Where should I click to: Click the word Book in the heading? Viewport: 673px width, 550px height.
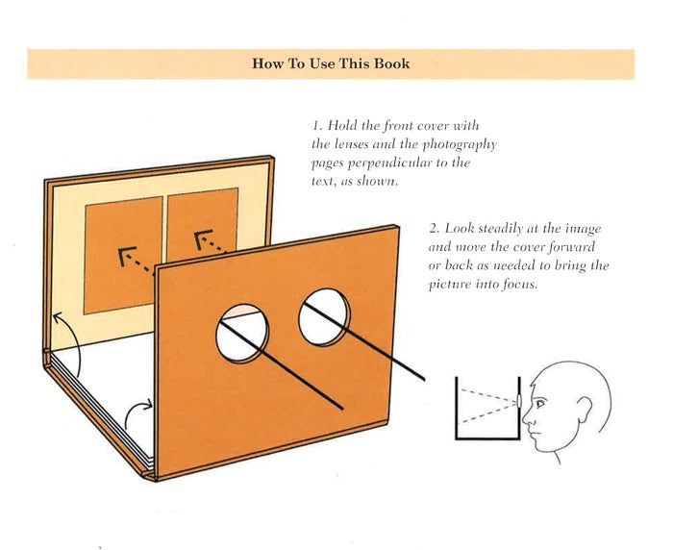click(391, 63)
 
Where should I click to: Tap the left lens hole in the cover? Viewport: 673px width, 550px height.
click(242, 334)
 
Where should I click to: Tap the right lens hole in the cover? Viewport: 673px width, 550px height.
click(325, 317)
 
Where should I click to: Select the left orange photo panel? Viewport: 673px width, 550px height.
click(123, 255)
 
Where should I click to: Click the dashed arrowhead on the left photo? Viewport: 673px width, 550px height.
click(127, 256)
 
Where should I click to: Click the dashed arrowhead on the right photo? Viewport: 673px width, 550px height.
click(203, 239)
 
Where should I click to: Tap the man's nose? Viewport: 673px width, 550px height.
click(527, 417)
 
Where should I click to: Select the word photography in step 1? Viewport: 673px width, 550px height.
click(460, 144)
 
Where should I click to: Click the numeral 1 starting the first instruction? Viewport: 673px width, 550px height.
click(316, 126)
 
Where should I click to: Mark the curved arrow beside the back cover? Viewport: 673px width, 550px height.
click(72, 343)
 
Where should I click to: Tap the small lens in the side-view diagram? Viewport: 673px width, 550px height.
click(520, 401)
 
